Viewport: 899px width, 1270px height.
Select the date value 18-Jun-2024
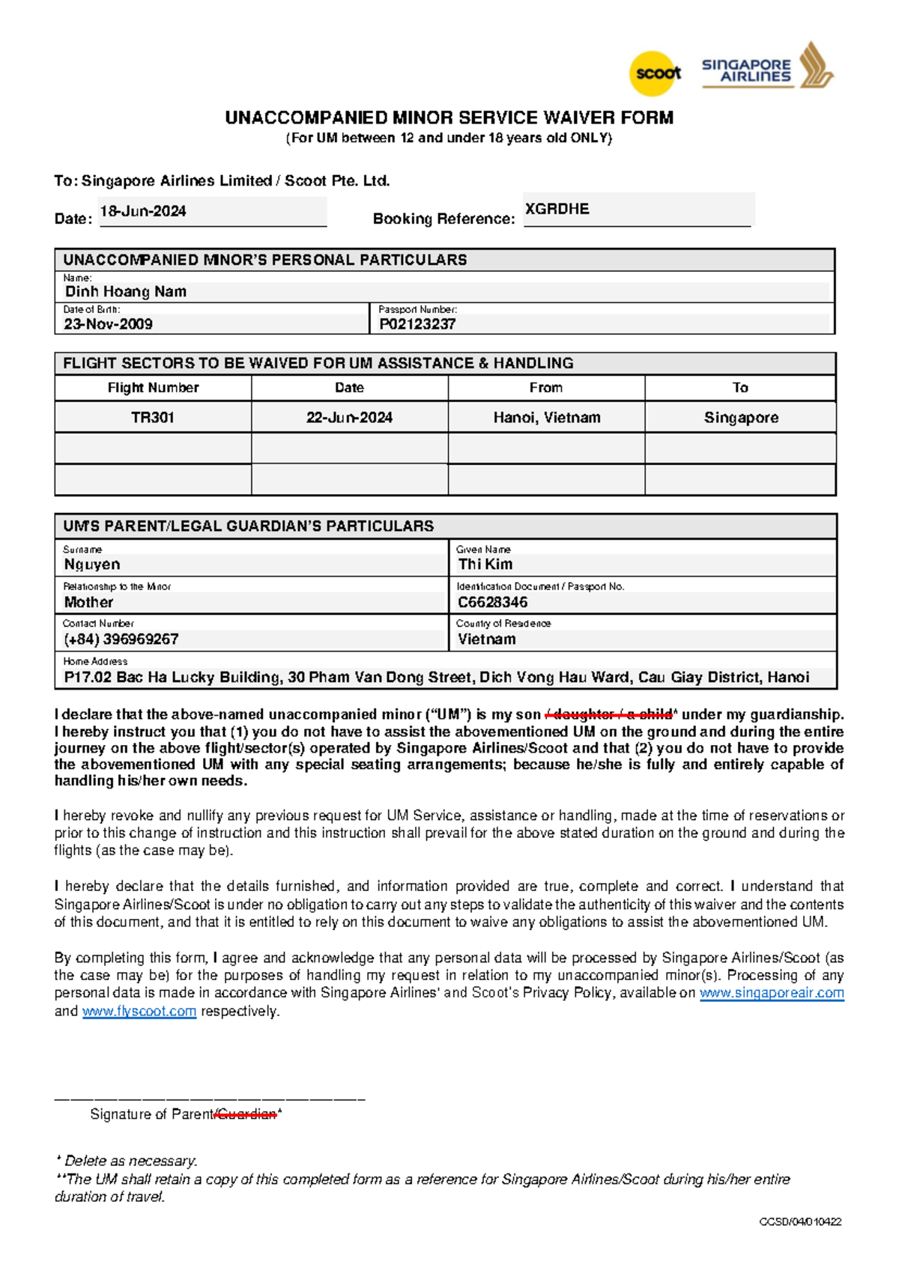[143, 211]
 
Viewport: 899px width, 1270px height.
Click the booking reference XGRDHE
[557, 209]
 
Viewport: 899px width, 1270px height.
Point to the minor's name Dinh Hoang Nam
[126, 291]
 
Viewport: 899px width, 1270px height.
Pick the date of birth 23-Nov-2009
[108, 324]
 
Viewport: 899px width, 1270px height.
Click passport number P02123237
[417, 324]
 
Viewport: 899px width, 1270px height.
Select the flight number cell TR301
[153, 418]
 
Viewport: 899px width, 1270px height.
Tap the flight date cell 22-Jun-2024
[349, 418]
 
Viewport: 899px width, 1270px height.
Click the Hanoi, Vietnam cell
[547, 418]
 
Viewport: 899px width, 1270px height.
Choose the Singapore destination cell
[741, 418]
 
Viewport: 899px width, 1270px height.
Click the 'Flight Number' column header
[153, 388]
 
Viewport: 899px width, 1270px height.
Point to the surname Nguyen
[92, 565]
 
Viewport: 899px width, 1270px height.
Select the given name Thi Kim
[485, 565]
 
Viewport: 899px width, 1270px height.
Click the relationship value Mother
[88, 602]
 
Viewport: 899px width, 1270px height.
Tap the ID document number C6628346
[493, 602]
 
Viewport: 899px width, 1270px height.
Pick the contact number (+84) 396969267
[121, 639]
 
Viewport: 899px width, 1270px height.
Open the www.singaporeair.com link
[772, 993]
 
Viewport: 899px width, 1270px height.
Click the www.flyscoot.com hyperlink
[139, 1011]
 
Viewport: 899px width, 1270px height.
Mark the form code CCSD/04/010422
[800, 1222]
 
